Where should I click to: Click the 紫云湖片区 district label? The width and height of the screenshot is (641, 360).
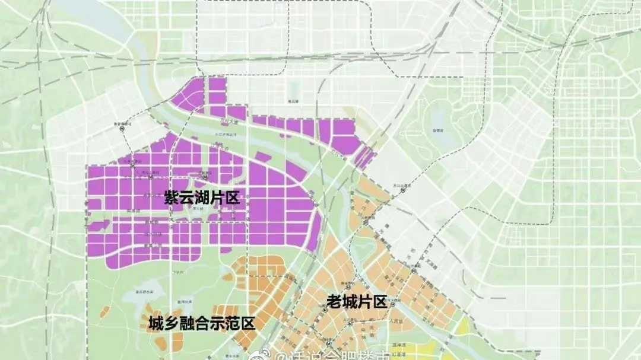coord(202,198)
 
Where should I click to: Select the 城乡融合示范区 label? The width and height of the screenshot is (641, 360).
coord(202,324)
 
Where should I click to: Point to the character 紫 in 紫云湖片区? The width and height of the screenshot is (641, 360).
coord(172,198)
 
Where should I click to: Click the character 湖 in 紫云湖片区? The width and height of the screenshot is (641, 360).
coord(202,198)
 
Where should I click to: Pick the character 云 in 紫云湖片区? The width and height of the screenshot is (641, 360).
coord(187,198)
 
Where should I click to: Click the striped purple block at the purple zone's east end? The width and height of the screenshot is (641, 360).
coord(366,157)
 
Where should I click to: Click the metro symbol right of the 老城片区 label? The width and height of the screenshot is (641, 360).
coord(398,300)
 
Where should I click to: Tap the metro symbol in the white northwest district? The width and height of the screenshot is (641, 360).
coord(122,126)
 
